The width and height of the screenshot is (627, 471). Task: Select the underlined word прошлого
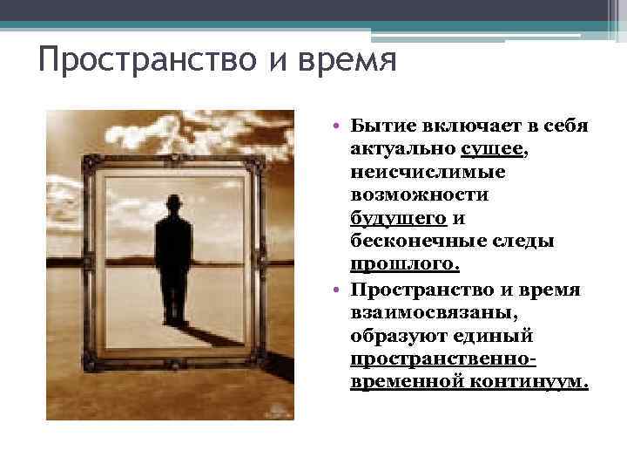coord(401,263)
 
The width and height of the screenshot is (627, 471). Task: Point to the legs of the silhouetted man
coord(175,297)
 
